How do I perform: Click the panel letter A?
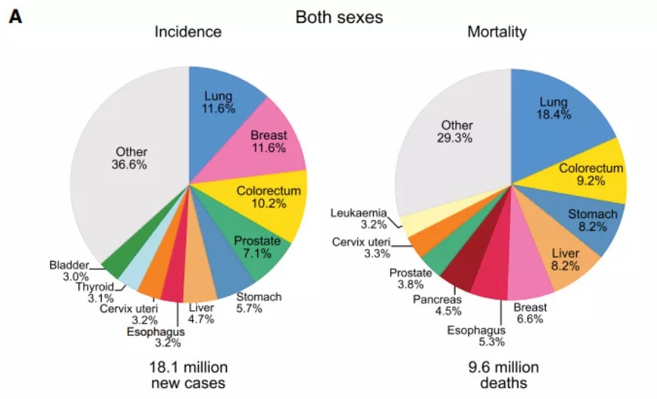(x=15, y=16)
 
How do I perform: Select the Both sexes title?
(x=339, y=16)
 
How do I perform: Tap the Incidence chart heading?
(x=188, y=32)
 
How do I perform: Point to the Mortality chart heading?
(x=497, y=32)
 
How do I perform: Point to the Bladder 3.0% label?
(x=69, y=271)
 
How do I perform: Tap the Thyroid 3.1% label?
(x=95, y=291)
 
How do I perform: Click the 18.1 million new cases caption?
(x=188, y=375)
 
